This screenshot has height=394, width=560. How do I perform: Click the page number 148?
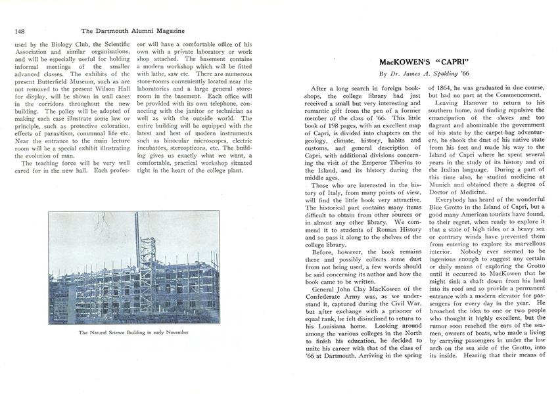pos(19,30)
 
